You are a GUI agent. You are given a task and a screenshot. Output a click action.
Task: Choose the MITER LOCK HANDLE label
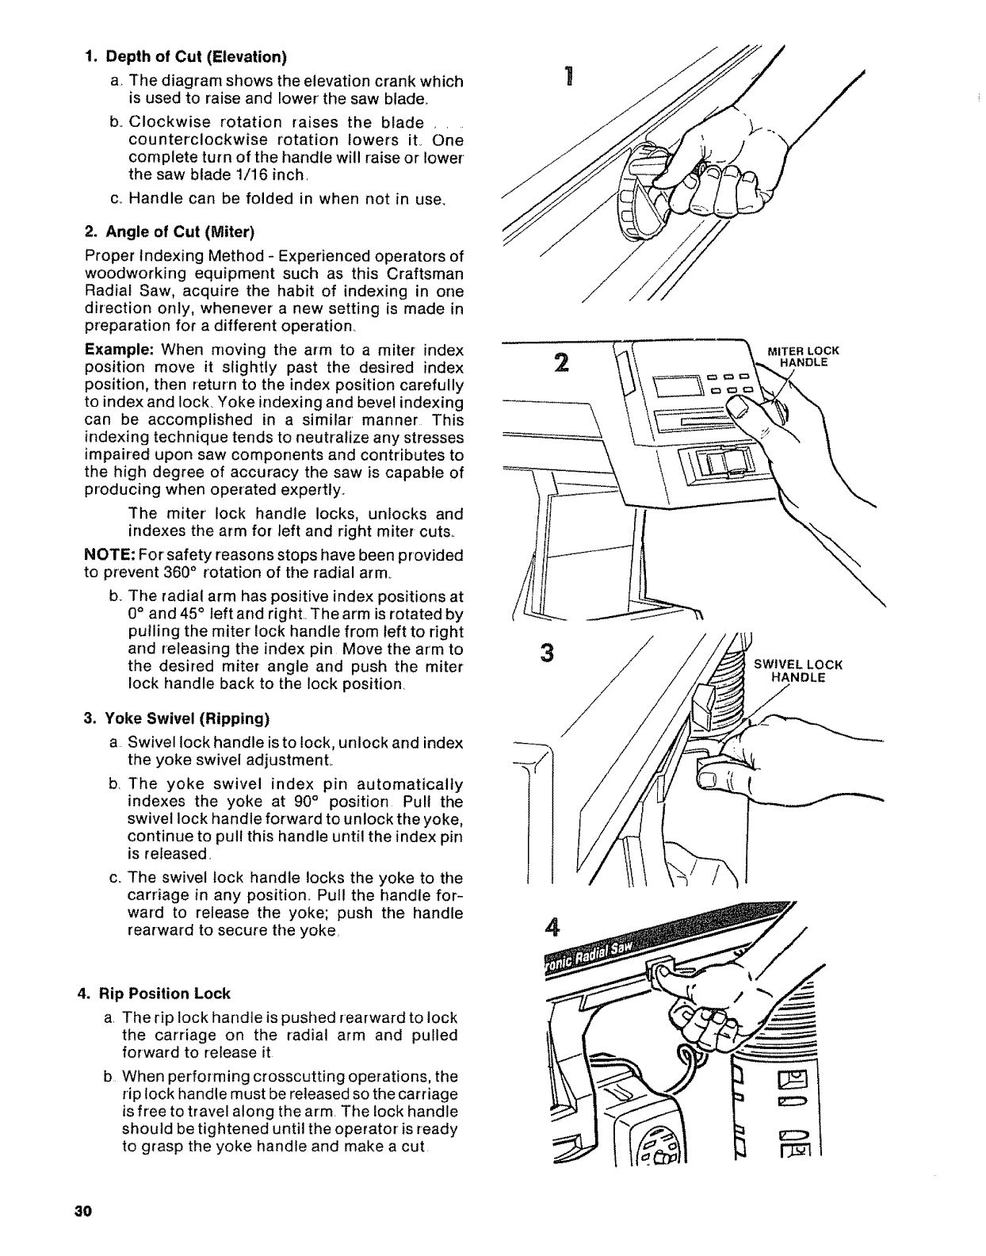802,357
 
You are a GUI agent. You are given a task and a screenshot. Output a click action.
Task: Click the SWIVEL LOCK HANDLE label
797,671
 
